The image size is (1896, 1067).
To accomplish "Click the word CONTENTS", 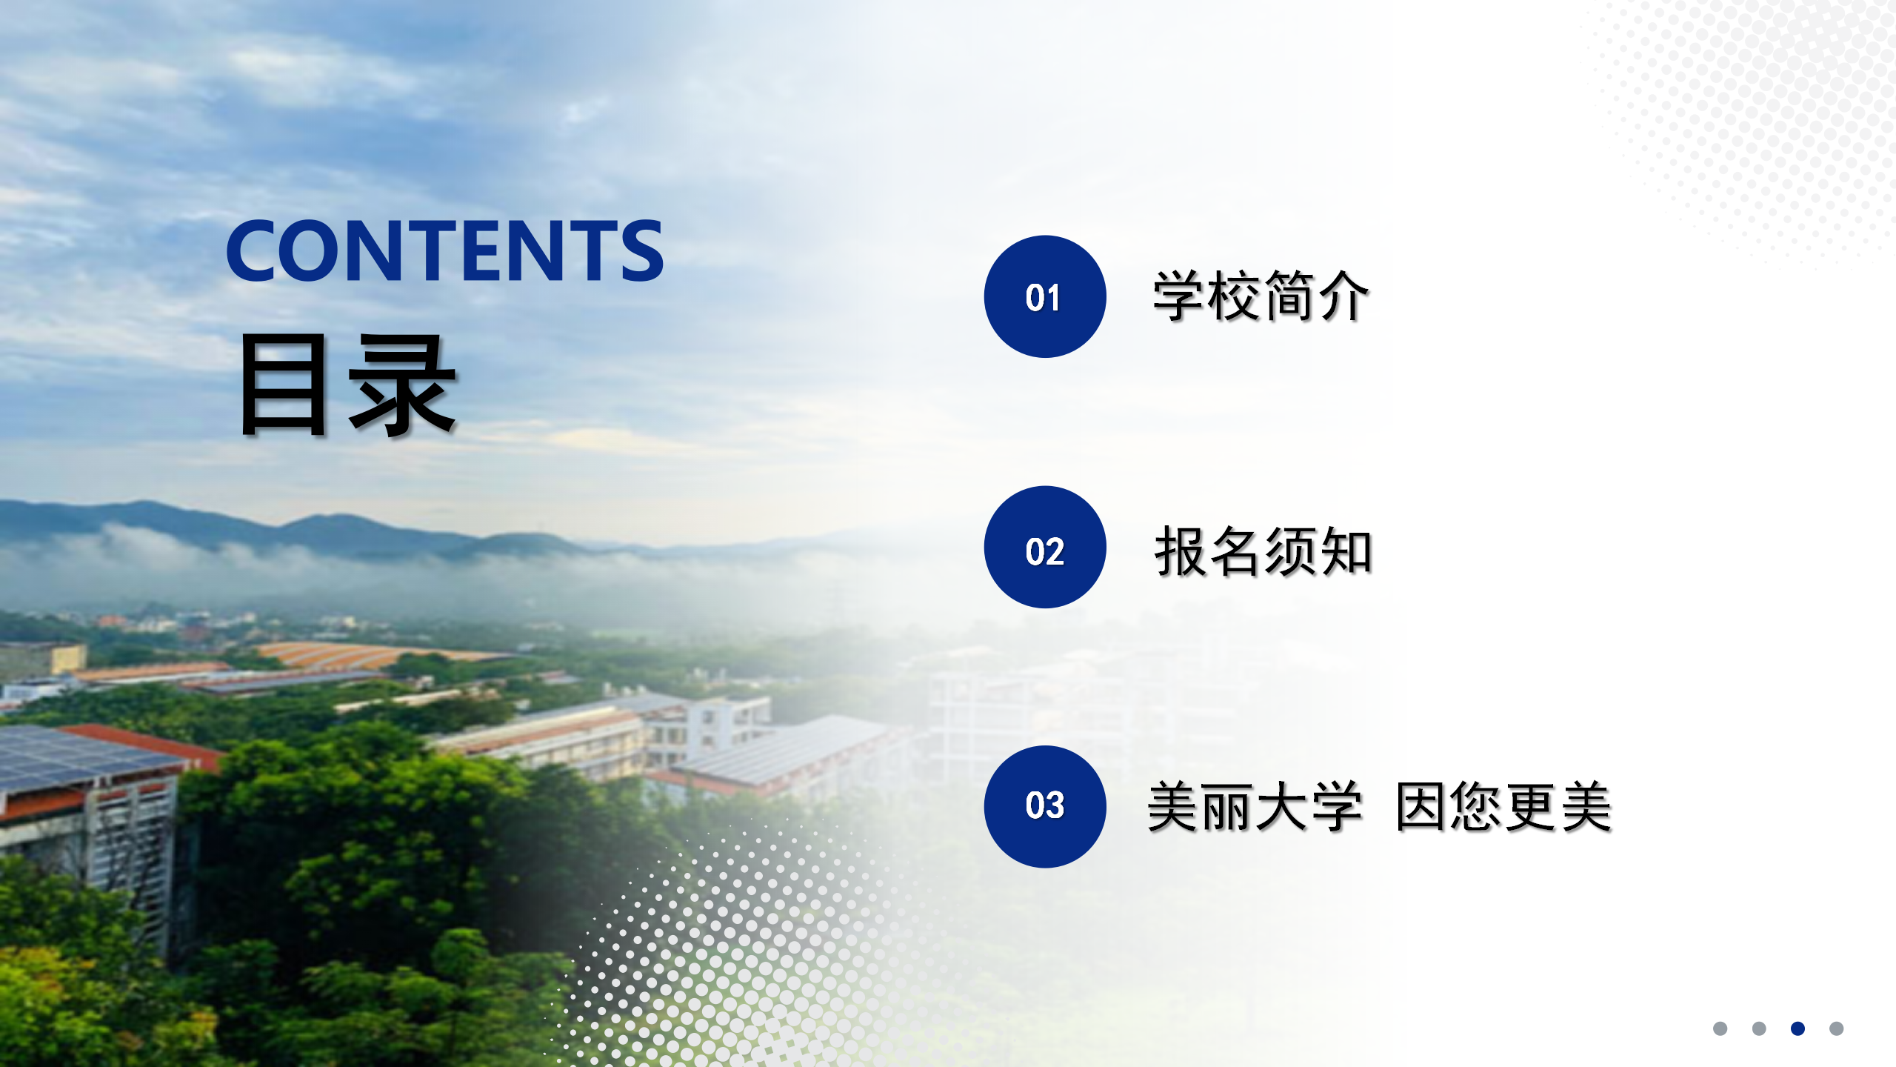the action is coord(445,250).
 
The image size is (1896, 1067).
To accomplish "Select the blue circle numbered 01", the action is coord(1044,296).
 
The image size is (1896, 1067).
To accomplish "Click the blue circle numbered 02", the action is coord(1044,547).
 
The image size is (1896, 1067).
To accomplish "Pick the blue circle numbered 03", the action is coord(1044,806).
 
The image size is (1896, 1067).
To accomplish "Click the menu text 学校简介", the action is coord(1261,296).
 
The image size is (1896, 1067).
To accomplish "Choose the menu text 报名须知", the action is coord(1264,551).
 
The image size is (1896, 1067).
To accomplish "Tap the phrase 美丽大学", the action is coord(1255,806).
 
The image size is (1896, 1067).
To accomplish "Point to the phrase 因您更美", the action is coord(1503,806).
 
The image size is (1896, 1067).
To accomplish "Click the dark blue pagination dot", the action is coord(1797,1028).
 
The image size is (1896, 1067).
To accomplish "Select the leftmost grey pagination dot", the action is coord(1720,1028).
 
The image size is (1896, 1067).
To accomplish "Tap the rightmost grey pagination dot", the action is coord(1836,1028).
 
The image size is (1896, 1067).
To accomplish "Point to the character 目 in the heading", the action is coord(284,384).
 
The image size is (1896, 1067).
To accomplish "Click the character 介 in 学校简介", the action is coord(1343,296).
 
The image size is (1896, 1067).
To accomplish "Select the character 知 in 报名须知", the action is coord(1346,551).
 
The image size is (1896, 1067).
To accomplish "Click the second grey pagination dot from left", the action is coord(1759,1028).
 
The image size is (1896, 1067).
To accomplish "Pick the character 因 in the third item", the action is coord(1422,806).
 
